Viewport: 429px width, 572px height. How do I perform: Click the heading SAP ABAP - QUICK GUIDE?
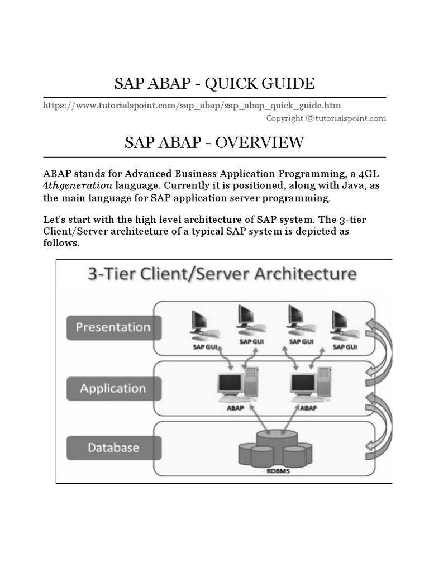point(214,84)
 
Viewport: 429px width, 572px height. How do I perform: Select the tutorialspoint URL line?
point(192,105)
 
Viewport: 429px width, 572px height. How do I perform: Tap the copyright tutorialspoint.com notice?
point(326,118)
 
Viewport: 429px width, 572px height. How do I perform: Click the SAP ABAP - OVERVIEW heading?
point(214,142)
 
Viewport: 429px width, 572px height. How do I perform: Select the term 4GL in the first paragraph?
point(371,174)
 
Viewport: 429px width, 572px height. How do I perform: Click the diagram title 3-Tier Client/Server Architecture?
point(221,274)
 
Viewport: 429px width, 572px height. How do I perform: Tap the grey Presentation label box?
point(113,327)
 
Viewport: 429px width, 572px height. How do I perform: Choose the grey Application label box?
point(113,388)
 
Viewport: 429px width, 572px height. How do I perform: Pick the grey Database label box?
point(113,448)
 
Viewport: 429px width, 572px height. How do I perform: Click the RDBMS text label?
point(275,471)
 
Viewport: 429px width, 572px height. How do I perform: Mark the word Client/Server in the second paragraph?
point(72,231)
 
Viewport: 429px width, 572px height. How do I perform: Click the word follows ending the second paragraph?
point(61,244)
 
